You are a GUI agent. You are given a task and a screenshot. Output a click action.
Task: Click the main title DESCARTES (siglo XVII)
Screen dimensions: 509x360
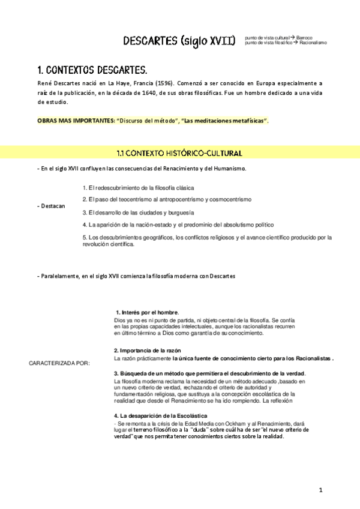pos(179,40)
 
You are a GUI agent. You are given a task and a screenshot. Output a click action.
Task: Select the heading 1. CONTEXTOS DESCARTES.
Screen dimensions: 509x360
pos(92,69)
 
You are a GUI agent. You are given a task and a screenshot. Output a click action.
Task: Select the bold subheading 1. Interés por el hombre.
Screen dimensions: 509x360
pos(147,313)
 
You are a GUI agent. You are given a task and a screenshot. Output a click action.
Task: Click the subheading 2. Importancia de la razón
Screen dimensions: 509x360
pos(148,350)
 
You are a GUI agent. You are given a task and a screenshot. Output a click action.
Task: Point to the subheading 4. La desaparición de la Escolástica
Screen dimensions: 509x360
pos(161,415)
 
